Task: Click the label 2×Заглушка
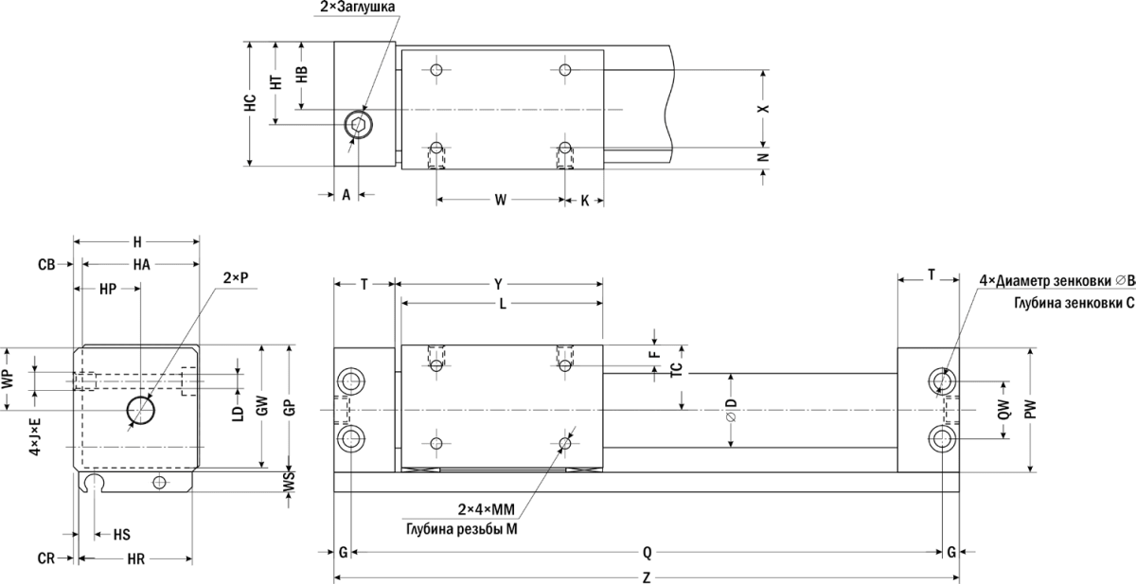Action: [x=357, y=7]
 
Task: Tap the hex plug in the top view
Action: [x=358, y=124]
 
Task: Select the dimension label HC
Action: [x=250, y=103]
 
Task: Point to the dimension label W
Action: [x=501, y=200]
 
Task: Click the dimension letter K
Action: [x=584, y=201]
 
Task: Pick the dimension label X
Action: [x=763, y=109]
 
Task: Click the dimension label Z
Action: [x=646, y=578]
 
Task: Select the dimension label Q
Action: [x=647, y=552]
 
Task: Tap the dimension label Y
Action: [x=499, y=284]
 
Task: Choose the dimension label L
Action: [x=503, y=304]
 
